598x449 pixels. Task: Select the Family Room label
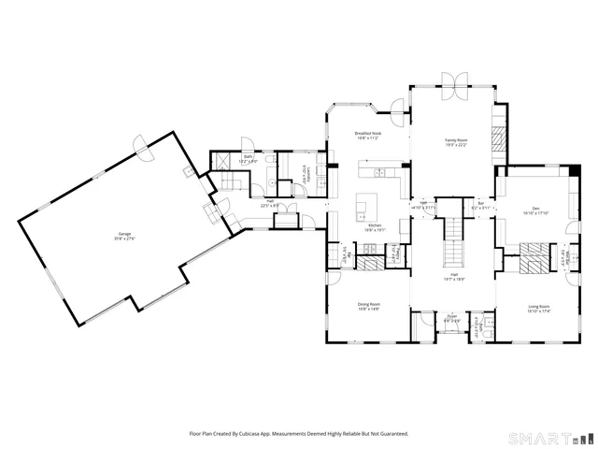coord(455,141)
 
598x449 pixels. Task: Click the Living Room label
coord(537,308)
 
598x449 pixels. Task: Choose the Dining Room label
coord(369,305)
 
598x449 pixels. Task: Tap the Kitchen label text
coord(375,226)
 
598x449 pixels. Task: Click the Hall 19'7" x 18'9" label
coord(453,278)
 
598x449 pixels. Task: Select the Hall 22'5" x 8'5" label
coord(270,202)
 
